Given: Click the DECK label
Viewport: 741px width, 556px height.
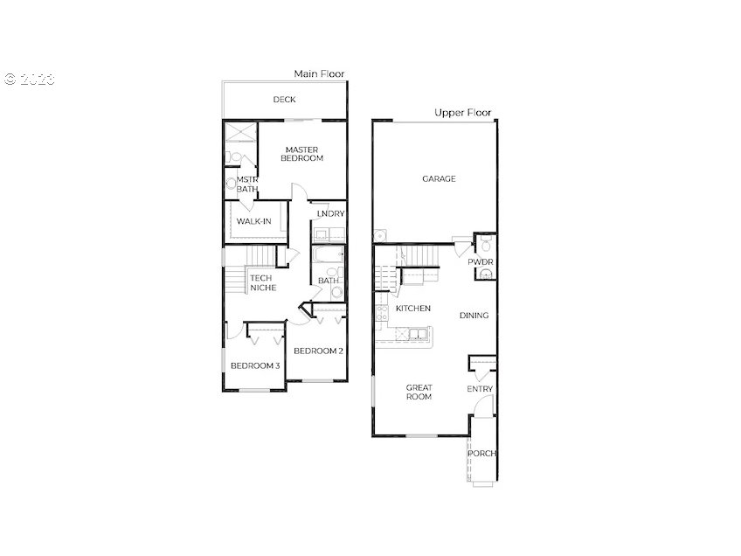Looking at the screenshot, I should (284, 100).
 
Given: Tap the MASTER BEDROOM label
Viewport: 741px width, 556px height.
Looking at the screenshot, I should (301, 154).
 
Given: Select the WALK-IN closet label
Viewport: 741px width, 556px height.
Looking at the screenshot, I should (253, 221).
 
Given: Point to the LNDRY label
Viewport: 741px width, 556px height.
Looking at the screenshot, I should (330, 213).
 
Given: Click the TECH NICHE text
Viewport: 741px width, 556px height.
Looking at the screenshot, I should (261, 283).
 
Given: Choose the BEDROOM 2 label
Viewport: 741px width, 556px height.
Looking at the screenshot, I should (317, 351).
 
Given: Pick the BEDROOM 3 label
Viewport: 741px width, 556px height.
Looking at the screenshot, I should (254, 365).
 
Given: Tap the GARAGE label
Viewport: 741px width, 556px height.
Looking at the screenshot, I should (439, 178).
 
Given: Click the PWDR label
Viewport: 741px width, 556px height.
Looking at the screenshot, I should (480, 261).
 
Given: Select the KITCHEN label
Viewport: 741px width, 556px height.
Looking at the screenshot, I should (412, 309).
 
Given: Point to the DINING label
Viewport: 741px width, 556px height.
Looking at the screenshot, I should (474, 316).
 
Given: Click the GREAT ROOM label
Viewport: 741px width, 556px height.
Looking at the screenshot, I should (419, 392).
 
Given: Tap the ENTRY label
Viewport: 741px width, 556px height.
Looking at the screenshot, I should (480, 388).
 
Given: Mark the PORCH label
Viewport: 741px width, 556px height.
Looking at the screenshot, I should (482, 453).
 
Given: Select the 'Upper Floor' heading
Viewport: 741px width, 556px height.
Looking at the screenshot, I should (462, 113).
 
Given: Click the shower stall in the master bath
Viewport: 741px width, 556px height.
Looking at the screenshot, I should (238, 132).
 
